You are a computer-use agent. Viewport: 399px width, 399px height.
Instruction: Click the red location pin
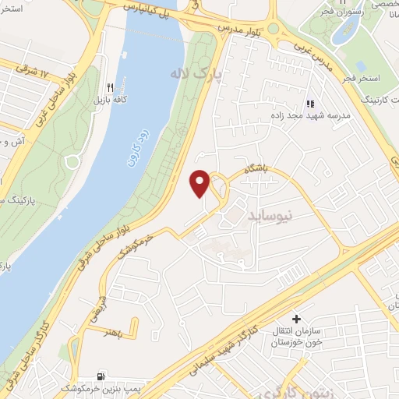(x=200, y=182)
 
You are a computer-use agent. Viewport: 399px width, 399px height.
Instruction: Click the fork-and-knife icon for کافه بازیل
(x=111, y=88)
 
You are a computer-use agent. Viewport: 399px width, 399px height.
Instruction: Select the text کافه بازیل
(x=111, y=101)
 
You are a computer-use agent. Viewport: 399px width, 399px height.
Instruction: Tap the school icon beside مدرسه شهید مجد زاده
(x=310, y=103)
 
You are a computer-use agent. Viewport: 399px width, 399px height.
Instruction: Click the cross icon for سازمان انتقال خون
(x=296, y=319)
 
